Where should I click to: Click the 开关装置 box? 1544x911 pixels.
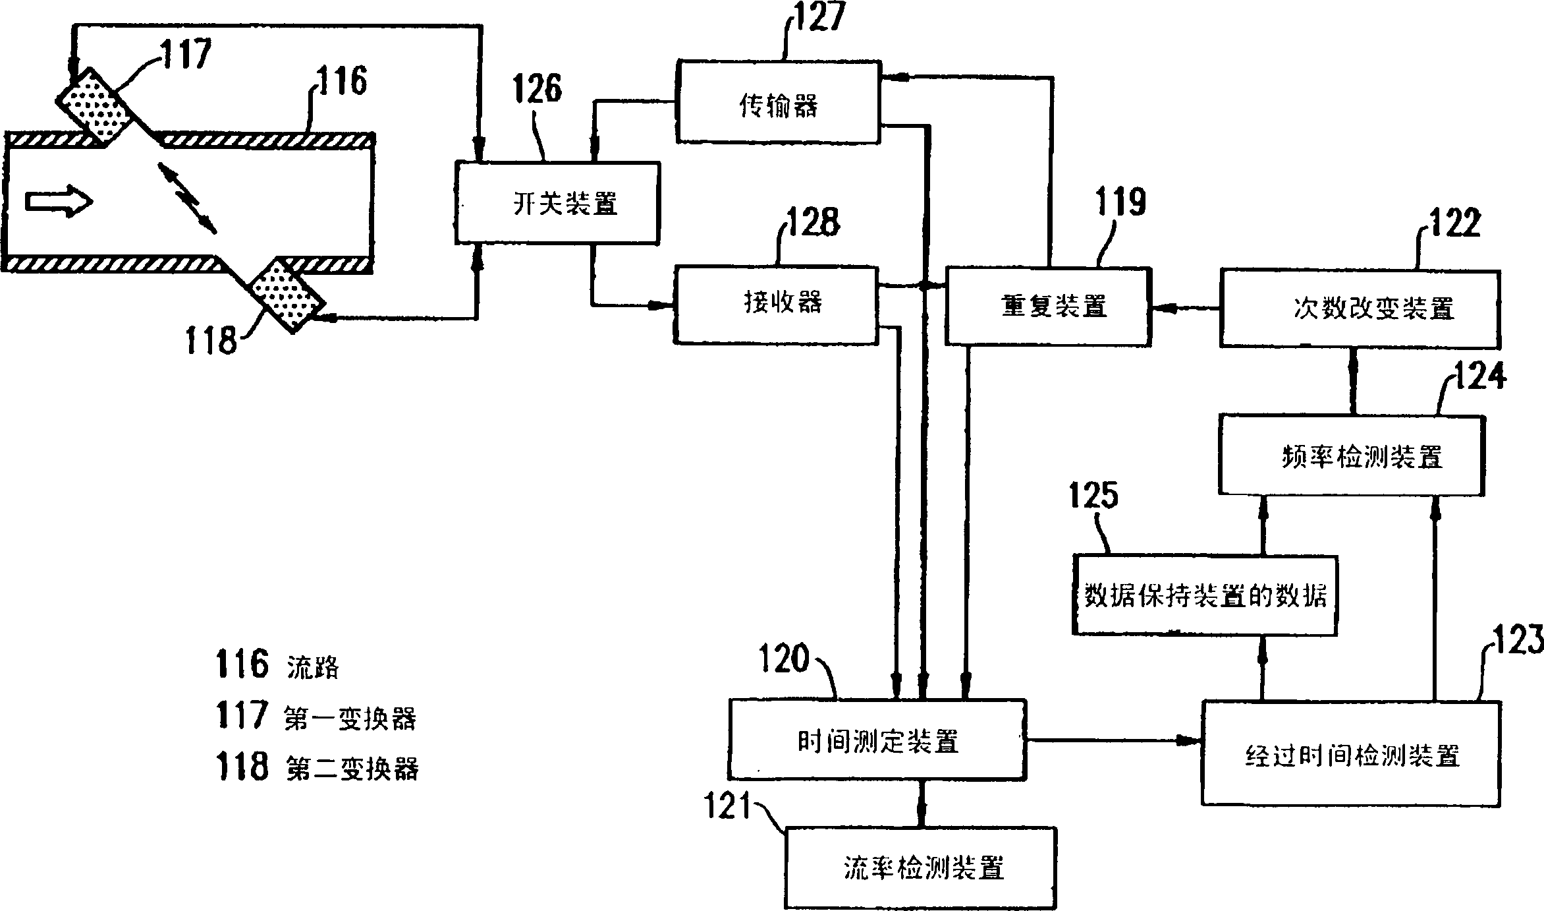(557, 204)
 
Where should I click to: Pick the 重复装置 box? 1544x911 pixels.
(1048, 307)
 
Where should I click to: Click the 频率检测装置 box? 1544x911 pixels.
(1351, 455)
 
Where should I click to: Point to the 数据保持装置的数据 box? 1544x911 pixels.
(1205, 595)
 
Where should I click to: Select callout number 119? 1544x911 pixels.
(1120, 202)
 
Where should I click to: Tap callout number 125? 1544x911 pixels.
(1093, 494)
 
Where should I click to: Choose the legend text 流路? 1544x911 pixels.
(313, 668)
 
